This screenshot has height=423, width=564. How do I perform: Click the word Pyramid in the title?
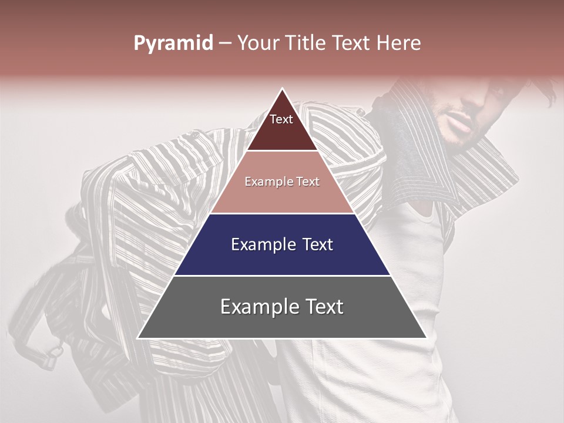tap(173, 43)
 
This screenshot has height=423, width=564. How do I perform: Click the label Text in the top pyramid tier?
tap(281, 119)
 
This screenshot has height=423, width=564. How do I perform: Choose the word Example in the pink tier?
tap(268, 182)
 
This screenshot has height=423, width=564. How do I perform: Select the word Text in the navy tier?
tap(318, 244)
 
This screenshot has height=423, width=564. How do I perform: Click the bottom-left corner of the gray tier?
tap(138, 338)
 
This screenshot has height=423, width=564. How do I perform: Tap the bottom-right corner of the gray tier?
tap(426, 338)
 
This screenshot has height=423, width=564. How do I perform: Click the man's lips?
tap(461, 125)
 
